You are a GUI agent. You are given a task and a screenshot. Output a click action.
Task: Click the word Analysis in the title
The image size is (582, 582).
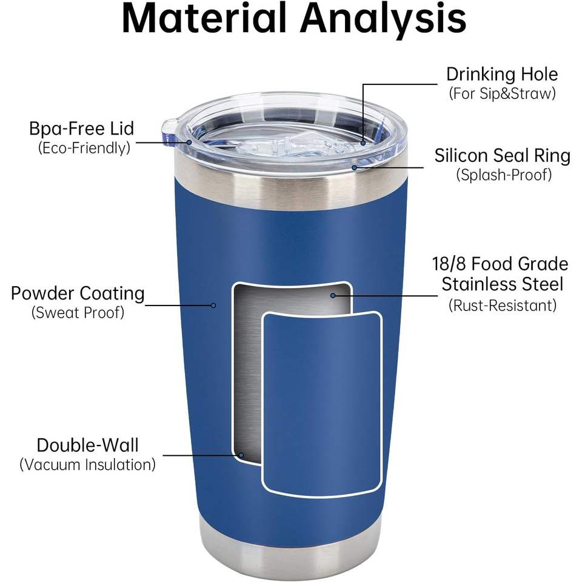pos(384,18)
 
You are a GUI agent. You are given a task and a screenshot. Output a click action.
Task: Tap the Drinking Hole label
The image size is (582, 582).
pos(502,75)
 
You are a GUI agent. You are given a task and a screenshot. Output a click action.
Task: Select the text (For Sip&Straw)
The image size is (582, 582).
pos(502,94)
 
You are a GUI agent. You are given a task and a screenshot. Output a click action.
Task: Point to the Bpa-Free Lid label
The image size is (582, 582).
pos(81,129)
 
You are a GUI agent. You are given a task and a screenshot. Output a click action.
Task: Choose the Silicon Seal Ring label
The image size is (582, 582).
pos(503,156)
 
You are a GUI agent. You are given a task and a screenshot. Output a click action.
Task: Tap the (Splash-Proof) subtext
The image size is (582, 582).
pos(503,175)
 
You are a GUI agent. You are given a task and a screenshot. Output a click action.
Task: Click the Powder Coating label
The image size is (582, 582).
pos(78,294)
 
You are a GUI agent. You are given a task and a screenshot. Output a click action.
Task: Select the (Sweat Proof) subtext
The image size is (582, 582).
pos(78,313)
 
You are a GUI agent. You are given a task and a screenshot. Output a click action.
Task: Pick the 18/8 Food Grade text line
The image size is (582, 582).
pos(500,264)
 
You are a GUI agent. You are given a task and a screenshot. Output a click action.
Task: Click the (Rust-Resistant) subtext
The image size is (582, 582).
pos(503,305)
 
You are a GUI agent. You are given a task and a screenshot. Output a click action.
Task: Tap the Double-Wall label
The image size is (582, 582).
pos(87,446)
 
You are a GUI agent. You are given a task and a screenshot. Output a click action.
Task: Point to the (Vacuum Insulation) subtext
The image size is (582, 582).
pos(87,464)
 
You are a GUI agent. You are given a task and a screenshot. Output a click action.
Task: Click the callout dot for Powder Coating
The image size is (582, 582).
pos(213,305)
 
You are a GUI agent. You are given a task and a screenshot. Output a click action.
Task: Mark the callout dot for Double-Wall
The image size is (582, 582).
pos(241,455)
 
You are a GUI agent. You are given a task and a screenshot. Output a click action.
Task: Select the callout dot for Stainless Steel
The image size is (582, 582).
pos(333,295)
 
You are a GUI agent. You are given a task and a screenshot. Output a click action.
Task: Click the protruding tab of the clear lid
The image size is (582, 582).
pos(170,129)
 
